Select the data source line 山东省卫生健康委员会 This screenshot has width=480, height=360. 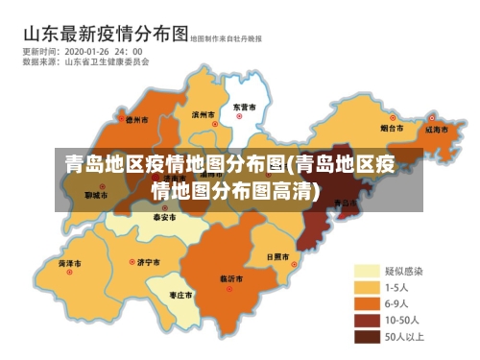pyautogui.click(x=107, y=61)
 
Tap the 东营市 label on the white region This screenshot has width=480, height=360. pyautogui.click(x=244, y=107)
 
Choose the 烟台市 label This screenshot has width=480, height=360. pyautogui.click(x=391, y=127)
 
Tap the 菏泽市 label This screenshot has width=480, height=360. pyautogui.click(x=69, y=262)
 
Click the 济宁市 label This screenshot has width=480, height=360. pyautogui.click(x=148, y=261)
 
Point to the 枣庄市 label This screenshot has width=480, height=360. pyautogui.click(x=180, y=294)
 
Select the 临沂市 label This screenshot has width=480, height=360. pyautogui.click(x=231, y=277)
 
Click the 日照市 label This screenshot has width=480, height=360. pyautogui.click(x=277, y=257)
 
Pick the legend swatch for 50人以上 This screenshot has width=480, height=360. pyautogui.click(x=366, y=337)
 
